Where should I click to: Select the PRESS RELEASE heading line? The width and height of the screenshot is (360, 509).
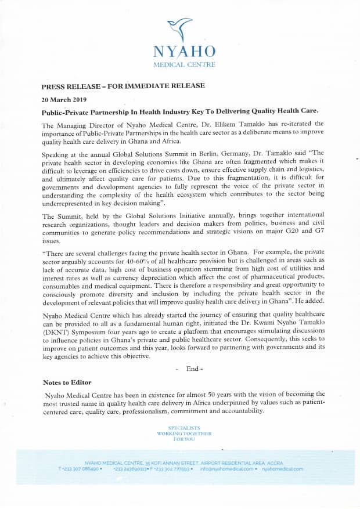(x=123, y=86)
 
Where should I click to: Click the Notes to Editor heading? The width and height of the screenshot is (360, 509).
(x=67, y=382)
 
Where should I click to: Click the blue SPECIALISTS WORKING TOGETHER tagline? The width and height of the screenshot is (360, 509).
(x=183, y=434)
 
